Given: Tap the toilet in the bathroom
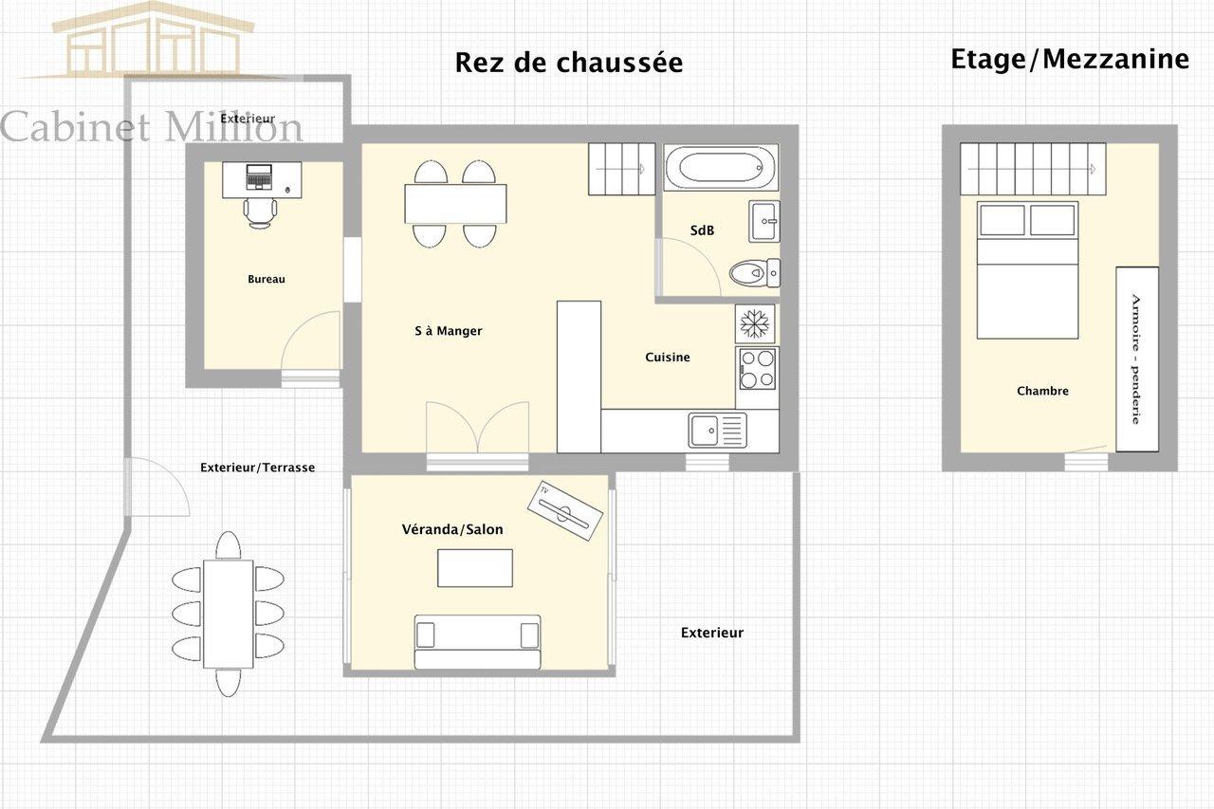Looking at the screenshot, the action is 755,273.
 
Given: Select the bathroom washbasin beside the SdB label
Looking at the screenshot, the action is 764,221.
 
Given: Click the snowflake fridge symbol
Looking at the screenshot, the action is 755,323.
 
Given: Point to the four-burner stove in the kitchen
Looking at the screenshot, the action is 757,369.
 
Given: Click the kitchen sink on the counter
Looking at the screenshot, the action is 718,431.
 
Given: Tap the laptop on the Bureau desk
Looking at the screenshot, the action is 259,176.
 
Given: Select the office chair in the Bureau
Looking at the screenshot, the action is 260,212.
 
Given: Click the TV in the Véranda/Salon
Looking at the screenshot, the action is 565,510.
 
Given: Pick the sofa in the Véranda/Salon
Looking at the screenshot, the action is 477,641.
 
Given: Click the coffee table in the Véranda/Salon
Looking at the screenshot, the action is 475,568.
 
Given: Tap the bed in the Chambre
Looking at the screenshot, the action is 1027,270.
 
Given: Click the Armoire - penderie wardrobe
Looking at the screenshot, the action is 1137,359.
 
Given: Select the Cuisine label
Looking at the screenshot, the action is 668,358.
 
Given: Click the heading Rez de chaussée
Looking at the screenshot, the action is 568,63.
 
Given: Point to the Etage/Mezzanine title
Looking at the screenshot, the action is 1070,59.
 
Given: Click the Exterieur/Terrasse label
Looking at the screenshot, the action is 257,468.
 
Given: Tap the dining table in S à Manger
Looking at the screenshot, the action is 455,204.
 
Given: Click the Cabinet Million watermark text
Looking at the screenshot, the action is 151,127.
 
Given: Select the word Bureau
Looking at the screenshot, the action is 267,279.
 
